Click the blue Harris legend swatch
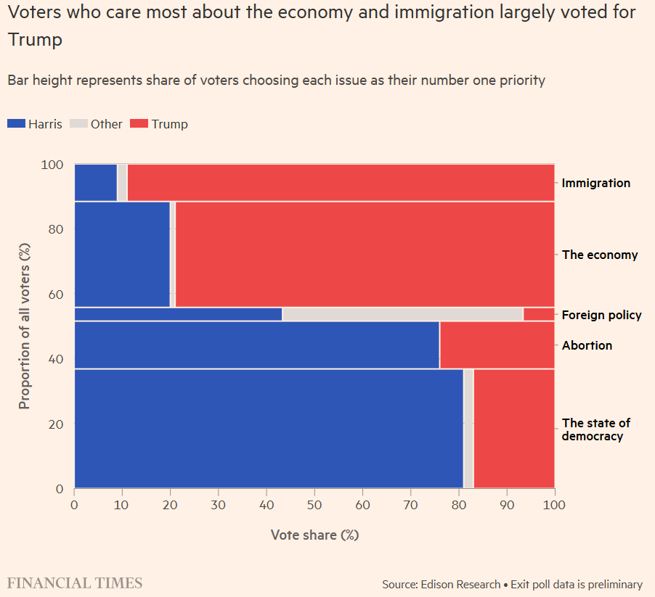(x=16, y=124)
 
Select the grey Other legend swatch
(x=78, y=124)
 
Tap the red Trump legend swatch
(x=139, y=124)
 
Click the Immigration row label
(x=595, y=183)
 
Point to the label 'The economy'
(x=600, y=255)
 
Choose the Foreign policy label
(x=601, y=315)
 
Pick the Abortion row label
(x=587, y=345)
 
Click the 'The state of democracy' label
(x=595, y=429)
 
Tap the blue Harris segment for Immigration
(x=96, y=183)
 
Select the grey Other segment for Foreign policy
(x=402, y=314)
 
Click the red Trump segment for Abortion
(x=497, y=345)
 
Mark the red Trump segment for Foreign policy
(x=539, y=314)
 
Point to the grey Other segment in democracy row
(x=468, y=429)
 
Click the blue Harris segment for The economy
(x=122, y=255)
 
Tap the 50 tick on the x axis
(x=314, y=503)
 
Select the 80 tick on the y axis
(x=59, y=229)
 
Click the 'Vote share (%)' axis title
(x=314, y=535)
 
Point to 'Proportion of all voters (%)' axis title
(x=25, y=326)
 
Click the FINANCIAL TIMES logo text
(x=75, y=583)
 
